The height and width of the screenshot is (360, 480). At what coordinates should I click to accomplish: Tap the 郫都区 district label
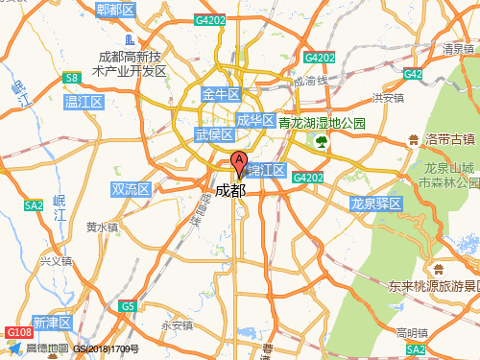tap(115, 10)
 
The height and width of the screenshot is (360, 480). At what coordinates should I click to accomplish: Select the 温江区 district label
tap(83, 101)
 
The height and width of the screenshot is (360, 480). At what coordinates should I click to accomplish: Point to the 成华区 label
tap(255, 120)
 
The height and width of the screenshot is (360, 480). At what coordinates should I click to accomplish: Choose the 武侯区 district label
tap(214, 134)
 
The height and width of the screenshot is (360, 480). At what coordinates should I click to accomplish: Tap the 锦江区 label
tap(266, 170)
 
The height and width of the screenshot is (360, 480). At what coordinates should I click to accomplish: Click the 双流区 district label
tap(131, 190)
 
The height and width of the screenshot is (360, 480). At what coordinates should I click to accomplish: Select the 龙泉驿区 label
tap(374, 204)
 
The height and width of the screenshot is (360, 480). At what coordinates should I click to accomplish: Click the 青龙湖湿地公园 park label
tap(322, 124)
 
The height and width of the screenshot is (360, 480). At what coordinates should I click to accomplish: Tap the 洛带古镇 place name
tap(450, 140)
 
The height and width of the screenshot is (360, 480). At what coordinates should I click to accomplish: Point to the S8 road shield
tap(71, 78)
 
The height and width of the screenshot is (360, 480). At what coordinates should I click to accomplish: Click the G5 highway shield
tap(128, 305)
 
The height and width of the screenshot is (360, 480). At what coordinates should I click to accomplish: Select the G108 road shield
tap(19, 332)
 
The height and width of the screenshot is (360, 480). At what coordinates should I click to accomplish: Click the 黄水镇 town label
tap(102, 228)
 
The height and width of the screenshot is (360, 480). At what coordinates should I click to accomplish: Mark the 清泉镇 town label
tap(458, 49)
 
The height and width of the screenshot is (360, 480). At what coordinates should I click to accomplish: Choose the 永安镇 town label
tap(177, 324)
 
